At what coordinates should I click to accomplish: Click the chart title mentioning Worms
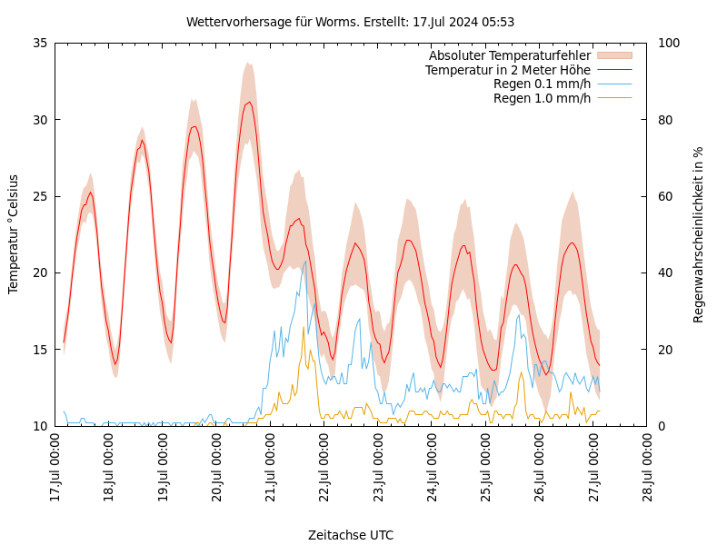click(x=350, y=22)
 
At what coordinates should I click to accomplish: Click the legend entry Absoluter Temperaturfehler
click(x=509, y=55)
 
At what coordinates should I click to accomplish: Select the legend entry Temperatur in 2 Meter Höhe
click(x=507, y=70)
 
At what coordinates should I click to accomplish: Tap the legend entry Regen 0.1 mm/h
click(x=542, y=84)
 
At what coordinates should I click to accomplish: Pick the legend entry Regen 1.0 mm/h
click(x=542, y=98)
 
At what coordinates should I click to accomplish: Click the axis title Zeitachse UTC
click(x=350, y=535)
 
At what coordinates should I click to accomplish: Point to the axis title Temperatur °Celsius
click(x=14, y=233)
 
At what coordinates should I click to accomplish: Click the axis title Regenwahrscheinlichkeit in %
click(x=699, y=233)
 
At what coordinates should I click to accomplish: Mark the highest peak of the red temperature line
click(x=249, y=102)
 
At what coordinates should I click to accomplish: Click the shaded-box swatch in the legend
click(x=613, y=55)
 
